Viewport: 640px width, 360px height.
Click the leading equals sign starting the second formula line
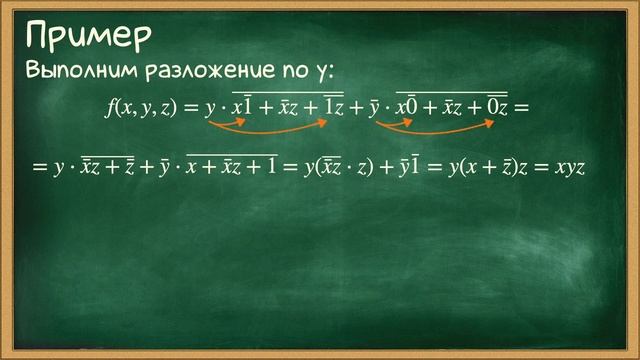point(39,168)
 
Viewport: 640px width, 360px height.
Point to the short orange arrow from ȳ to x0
point(392,125)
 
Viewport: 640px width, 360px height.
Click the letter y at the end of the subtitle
point(331,73)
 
